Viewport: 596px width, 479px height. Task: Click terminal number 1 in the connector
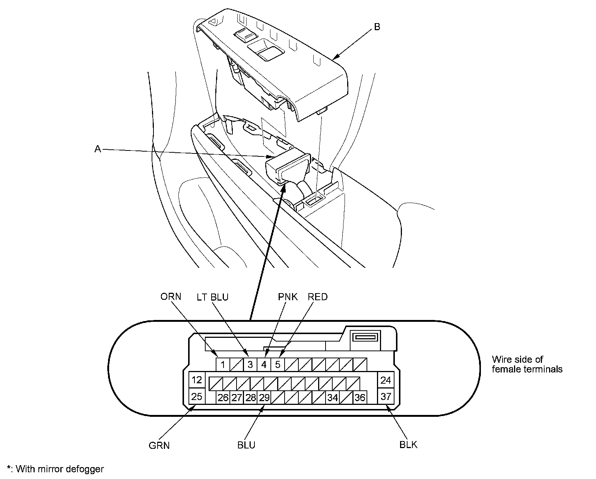(x=223, y=364)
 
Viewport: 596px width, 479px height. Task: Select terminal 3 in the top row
(x=250, y=364)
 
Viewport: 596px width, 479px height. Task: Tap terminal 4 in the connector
(x=264, y=364)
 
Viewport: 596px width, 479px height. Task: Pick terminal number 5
(x=278, y=364)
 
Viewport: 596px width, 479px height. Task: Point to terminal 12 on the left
(x=197, y=380)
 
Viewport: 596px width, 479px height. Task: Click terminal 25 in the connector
(x=197, y=396)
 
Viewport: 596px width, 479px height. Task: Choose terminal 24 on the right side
(x=386, y=380)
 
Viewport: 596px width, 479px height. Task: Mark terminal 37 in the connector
(x=386, y=396)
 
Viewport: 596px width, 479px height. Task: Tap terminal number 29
(x=264, y=397)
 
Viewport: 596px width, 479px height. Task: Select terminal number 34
(x=333, y=397)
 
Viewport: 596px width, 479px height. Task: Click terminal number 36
(x=360, y=397)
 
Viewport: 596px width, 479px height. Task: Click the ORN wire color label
(x=171, y=296)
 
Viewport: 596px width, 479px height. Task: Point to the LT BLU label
(x=212, y=297)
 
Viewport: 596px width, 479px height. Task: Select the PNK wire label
(x=288, y=297)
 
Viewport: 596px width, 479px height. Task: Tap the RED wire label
(x=317, y=297)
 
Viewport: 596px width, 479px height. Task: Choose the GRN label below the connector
(x=159, y=445)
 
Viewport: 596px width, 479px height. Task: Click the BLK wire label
(x=408, y=445)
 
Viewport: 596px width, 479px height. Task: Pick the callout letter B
(x=377, y=27)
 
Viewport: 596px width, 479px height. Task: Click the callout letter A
(x=98, y=149)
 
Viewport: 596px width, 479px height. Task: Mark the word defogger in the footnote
(x=86, y=469)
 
